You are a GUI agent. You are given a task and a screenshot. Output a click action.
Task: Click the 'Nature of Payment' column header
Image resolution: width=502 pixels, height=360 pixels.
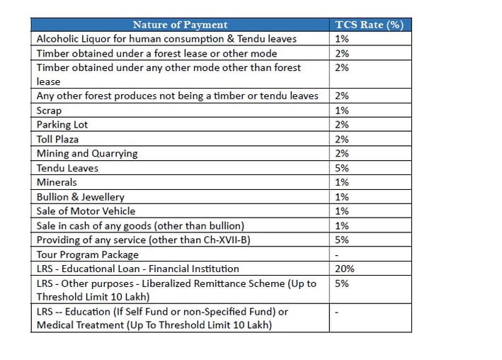click(x=180, y=25)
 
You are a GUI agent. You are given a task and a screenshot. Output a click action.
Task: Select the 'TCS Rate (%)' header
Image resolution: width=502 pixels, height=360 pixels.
click(x=369, y=25)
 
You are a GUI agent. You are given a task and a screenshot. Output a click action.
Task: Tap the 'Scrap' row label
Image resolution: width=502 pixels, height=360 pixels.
click(x=49, y=111)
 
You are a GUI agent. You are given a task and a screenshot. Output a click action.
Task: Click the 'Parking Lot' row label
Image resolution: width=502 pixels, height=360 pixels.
click(x=62, y=125)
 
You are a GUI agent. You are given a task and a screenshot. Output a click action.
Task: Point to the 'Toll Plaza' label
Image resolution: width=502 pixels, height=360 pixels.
click(x=57, y=139)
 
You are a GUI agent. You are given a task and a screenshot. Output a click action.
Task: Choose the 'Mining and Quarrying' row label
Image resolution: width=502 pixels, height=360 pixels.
click(x=87, y=154)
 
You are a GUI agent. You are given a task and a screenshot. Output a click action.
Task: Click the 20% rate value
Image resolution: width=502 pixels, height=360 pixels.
click(x=345, y=269)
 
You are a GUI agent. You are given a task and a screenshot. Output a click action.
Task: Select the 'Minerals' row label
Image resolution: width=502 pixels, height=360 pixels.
click(x=57, y=182)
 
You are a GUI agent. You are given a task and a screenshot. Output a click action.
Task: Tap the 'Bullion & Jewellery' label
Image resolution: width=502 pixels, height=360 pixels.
click(x=80, y=197)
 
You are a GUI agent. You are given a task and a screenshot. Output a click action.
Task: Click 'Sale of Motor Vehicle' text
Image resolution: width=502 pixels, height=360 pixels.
click(x=86, y=211)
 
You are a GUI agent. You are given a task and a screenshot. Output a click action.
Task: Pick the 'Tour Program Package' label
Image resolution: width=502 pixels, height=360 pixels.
click(x=88, y=254)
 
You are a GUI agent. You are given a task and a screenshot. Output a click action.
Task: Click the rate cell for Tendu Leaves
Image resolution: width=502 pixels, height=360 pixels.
click(x=341, y=168)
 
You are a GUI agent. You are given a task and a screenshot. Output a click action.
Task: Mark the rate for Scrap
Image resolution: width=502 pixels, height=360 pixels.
click(x=341, y=111)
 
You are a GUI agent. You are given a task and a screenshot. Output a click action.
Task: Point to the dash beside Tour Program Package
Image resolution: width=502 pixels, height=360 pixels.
click(x=336, y=256)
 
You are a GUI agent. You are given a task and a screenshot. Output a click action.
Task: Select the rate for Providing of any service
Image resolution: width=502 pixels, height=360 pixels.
click(x=341, y=240)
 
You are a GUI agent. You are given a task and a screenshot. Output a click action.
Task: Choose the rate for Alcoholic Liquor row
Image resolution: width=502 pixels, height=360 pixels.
click(x=341, y=39)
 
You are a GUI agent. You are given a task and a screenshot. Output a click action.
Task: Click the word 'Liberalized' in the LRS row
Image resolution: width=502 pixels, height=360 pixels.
click(x=166, y=283)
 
